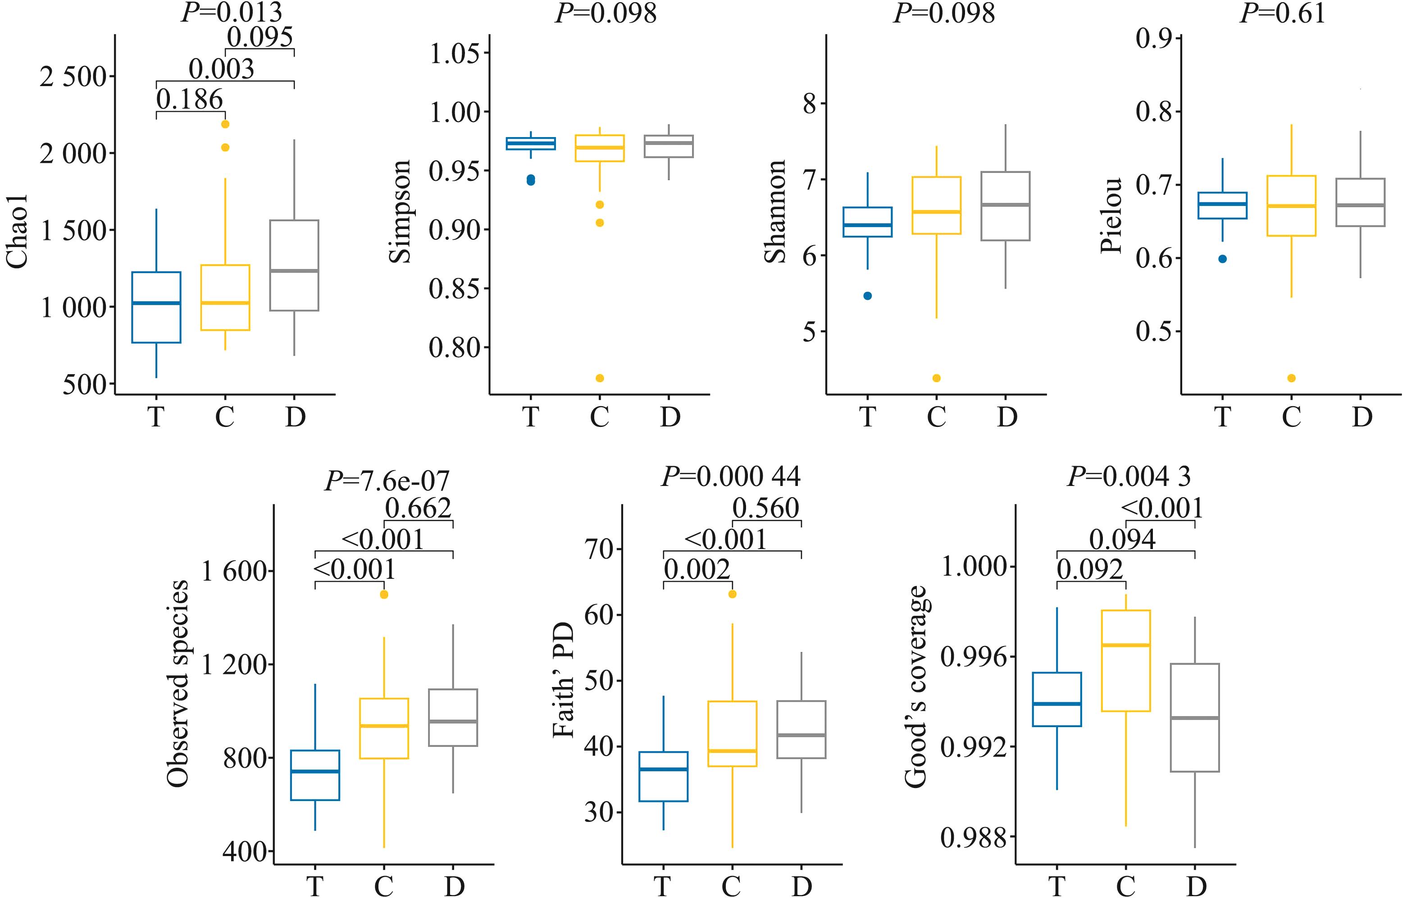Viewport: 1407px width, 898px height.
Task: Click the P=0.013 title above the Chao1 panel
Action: pos(232,12)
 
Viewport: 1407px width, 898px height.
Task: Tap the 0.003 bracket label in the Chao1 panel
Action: pos(222,69)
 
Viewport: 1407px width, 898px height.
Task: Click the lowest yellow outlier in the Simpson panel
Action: pos(600,378)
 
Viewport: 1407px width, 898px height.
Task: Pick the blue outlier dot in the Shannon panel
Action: pos(868,296)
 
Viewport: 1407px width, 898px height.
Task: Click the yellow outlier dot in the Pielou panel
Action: pos(1292,378)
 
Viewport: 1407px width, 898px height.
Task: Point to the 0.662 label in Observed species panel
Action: pos(419,508)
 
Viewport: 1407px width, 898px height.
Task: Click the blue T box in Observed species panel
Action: pos(315,774)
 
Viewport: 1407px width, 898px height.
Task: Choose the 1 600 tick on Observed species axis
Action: pos(234,571)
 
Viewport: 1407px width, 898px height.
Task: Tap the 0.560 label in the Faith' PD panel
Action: pos(765,508)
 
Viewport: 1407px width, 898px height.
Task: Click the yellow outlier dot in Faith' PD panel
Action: pos(733,594)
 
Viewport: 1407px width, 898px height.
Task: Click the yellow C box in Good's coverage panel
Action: pos(1126,660)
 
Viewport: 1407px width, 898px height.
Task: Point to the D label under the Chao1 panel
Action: pos(295,417)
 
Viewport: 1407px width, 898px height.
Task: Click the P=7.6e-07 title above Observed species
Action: pos(387,481)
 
